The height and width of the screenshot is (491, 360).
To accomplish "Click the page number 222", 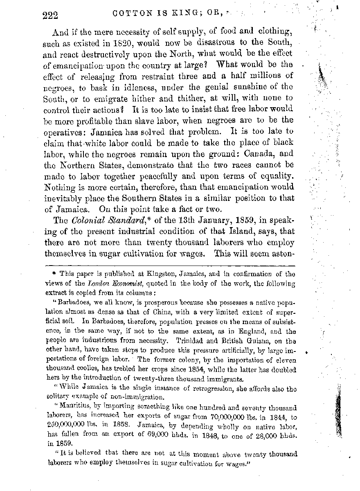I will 50,16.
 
